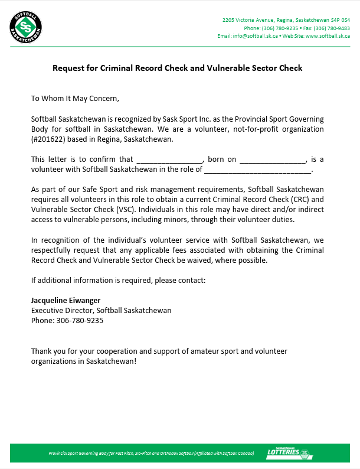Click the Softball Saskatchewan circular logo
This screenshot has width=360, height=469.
pos(26,27)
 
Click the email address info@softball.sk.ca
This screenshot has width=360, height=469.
pos(256,36)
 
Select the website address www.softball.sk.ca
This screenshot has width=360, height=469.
pos(328,36)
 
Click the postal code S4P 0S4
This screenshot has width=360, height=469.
pos(340,19)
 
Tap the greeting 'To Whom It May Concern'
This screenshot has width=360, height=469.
pos(75,98)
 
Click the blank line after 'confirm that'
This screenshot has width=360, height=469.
pos(170,159)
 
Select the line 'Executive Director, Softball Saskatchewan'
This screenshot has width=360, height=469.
pos(101,310)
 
